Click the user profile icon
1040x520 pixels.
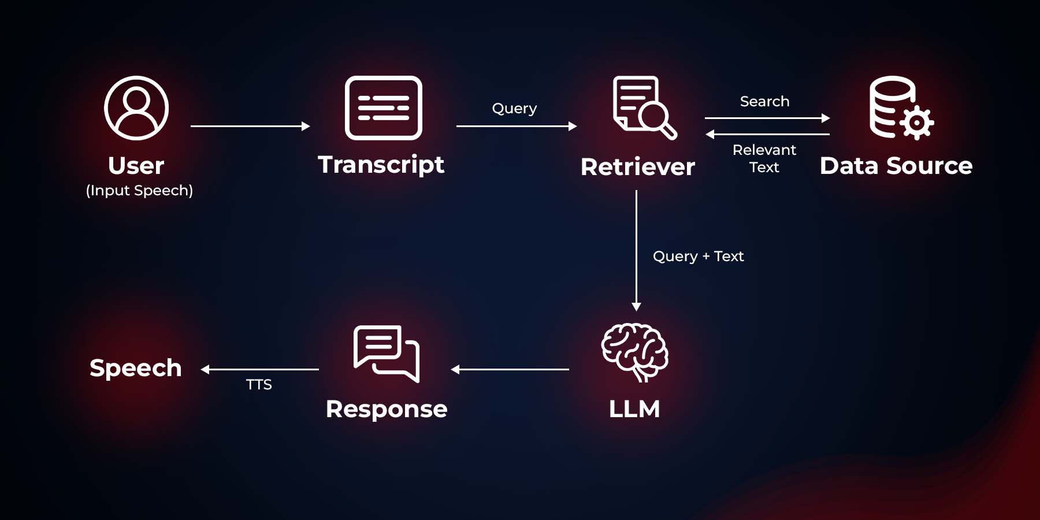pos(136,108)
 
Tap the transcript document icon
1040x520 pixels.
pos(383,108)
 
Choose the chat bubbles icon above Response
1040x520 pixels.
pos(387,353)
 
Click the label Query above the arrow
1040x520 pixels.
pos(514,109)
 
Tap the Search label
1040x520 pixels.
pos(764,102)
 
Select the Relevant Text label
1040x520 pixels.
pos(764,158)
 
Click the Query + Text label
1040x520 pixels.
pos(698,256)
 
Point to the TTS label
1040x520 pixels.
pos(259,385)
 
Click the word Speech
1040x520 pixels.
pos(136,368)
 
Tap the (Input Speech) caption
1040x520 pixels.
pos(139,191)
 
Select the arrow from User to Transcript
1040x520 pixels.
pos(250,126)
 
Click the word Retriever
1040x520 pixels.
pos(638,167)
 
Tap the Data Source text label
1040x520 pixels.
pos(896,166)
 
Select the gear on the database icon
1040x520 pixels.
pos(917,122)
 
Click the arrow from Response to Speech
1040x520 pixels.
pos(260,369)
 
